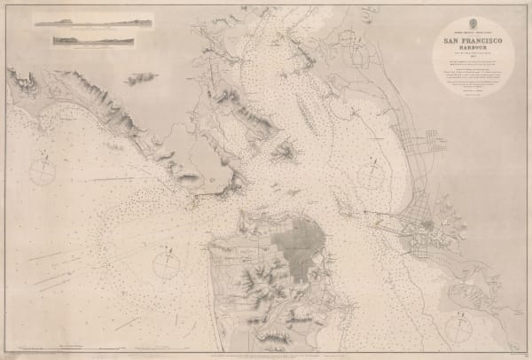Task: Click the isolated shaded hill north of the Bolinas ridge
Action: [140, 78]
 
